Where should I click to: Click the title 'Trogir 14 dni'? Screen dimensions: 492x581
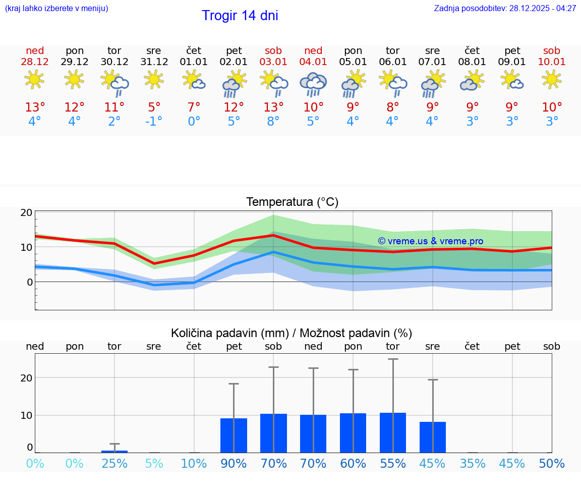[x=240, y=16]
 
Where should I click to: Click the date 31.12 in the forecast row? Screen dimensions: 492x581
[x=154, y=62]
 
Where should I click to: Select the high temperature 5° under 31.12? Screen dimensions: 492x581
[x=154, y=107]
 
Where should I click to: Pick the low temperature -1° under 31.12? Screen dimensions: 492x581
[x=154, y=122]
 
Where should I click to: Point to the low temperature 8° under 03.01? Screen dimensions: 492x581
[x=273, y=122]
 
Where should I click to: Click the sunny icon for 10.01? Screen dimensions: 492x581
[x=551, y=79]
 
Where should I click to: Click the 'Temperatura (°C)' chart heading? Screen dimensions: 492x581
[x=292, y=202]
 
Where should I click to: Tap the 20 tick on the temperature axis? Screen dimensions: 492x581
[x=27, y=213]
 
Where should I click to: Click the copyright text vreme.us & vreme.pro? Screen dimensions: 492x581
[x=430, y=241]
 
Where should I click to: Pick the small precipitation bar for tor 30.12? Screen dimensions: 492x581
[x=114, y=451]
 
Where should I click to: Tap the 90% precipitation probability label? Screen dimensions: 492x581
[x=234, y=464]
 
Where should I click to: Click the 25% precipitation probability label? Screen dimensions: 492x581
[x=114, y=464]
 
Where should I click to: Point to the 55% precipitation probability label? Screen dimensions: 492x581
[x=393, y=464]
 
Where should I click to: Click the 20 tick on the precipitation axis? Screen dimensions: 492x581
[x=27, y=378]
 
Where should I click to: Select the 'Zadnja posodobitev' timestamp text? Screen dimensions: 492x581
[x=505, y=9]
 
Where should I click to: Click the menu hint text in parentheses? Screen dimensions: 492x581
[x=56, y=9]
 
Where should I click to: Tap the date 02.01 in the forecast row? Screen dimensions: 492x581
[x=234, y=62]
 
